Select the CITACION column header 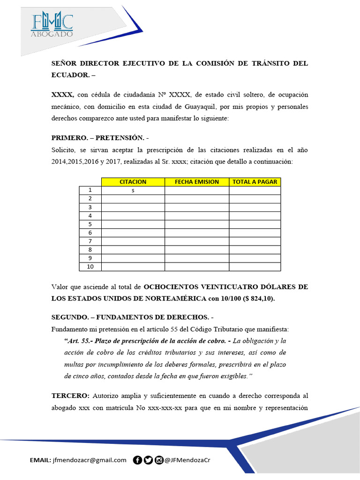[133, 181]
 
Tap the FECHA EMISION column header [197, 181]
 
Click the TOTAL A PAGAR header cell [255, 181]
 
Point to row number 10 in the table [90, 267]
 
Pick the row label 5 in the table [90, 224]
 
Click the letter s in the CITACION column [133, 190]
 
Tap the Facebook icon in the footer [138, 460]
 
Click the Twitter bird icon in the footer [148, 460]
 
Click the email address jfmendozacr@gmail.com [90, 460]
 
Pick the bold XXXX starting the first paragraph [62, 95]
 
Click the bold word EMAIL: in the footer [41, 460]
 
